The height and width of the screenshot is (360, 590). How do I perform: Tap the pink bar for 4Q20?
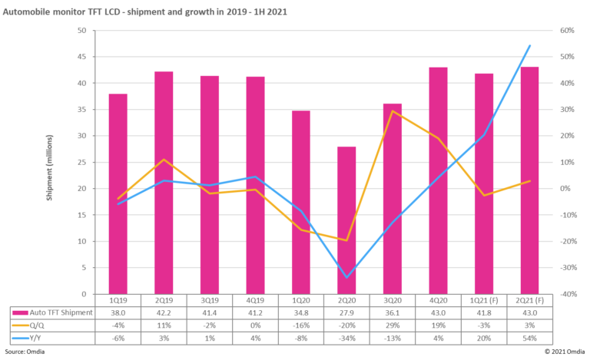[x=438, y=180]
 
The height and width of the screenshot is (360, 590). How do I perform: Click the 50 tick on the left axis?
[x=81, y=31]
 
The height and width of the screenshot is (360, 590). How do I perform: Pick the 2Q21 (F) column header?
[x=529, y=301]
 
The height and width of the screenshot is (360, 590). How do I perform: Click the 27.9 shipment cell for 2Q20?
[x=347, y=312]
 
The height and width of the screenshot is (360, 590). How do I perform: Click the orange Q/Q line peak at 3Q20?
[x=393, y=111]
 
